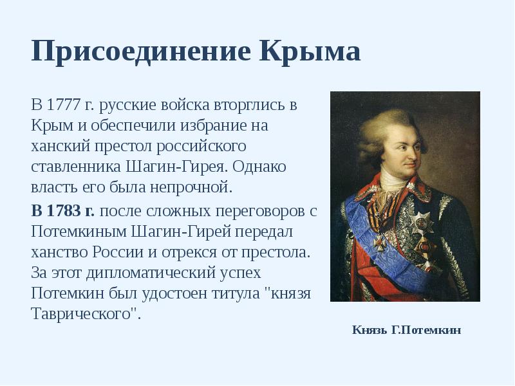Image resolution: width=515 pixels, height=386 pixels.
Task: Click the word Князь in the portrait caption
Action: tap(370, 330)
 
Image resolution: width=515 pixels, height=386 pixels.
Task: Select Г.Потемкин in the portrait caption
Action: tap(426, 330)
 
